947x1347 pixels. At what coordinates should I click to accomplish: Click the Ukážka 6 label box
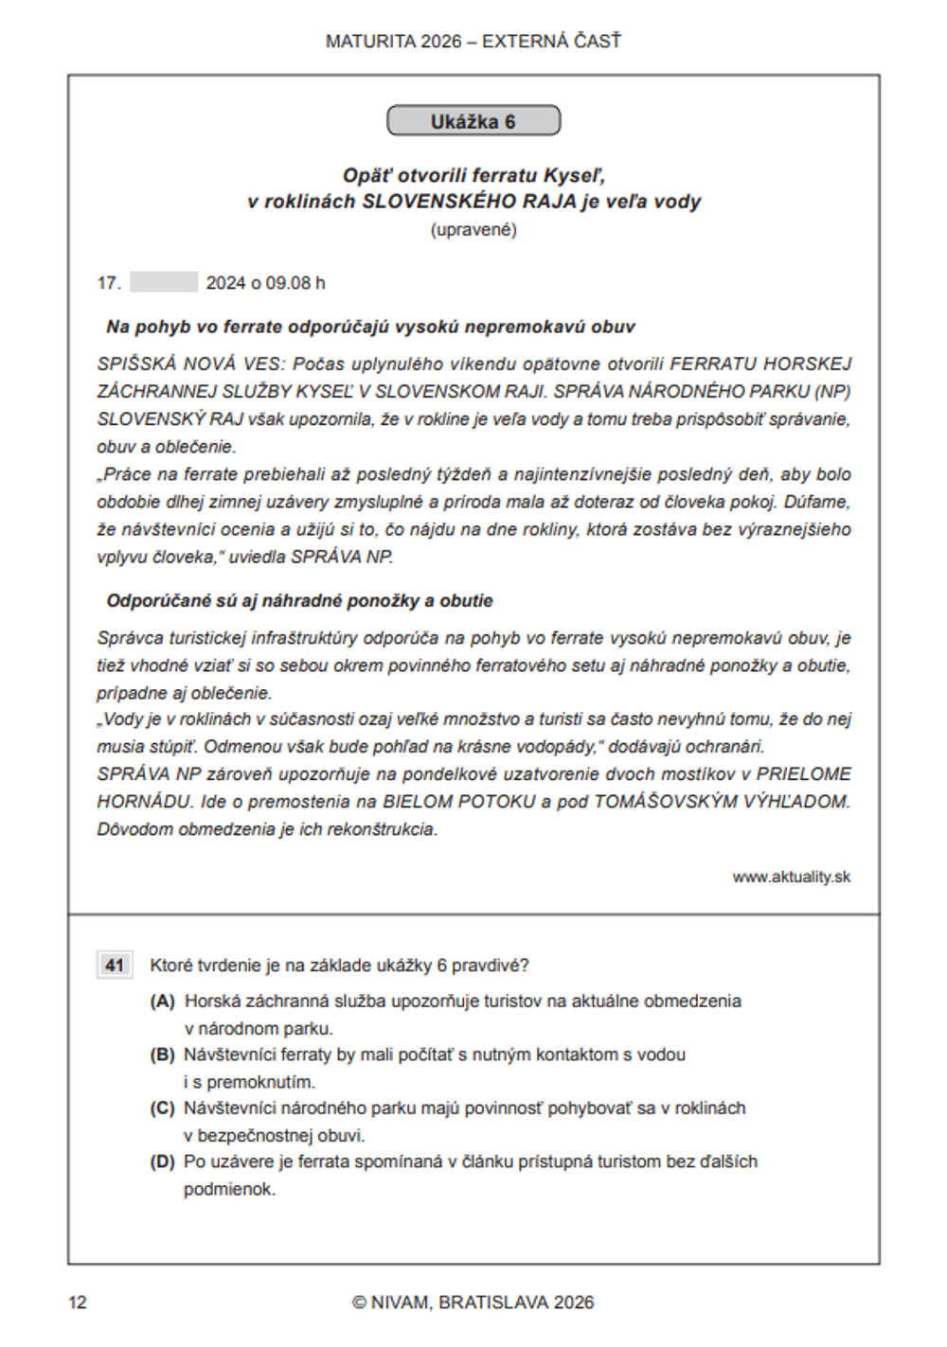tap(473, 121)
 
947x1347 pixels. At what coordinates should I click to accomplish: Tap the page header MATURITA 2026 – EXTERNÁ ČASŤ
tap(473, 42)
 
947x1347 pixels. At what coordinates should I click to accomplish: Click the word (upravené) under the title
tap(473, 230)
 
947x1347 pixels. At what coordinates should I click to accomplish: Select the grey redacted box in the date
tap(164, 282)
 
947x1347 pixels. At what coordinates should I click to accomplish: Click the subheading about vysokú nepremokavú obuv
tap(370, 328)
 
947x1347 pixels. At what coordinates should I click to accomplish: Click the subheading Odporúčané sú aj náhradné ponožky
tap(299, 601)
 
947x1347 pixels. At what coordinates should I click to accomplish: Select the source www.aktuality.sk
tap(791, 877)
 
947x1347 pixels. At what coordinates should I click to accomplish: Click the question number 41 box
tap(115, 966)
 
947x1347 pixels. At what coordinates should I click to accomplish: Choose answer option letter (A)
tap(163, 1001)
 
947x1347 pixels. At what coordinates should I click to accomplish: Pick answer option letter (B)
tap(163, 1055)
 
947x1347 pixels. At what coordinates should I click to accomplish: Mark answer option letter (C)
tap(163, 1108)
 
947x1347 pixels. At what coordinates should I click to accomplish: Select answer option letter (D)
tap(163, 1161)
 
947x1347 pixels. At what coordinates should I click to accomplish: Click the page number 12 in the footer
tap(78, 1303)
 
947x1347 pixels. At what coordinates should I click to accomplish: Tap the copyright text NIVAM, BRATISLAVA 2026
tap(473, 1303)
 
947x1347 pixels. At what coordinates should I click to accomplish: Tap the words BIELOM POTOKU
tap(459, 802)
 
